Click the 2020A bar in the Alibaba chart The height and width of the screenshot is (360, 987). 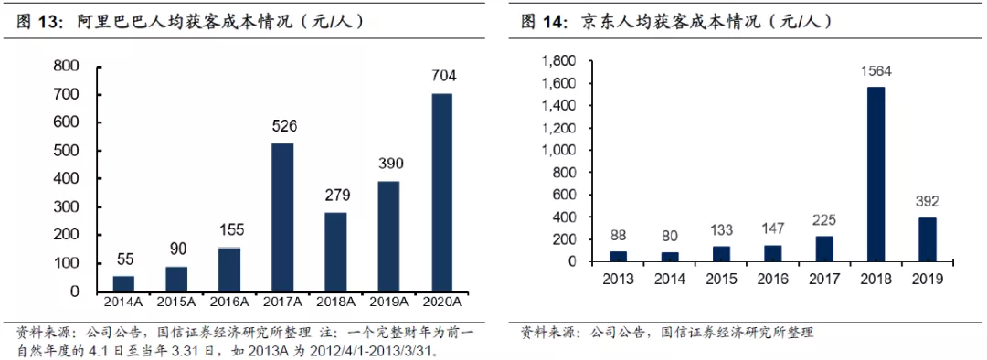pyautogui.click(x=441, y=193)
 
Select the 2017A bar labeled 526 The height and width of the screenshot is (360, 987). pyautogui.click(x=282, y=217)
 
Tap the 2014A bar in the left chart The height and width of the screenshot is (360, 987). pyautogui.click(x=124, y=284)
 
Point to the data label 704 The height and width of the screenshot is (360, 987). pyautogui.click(x=443, y=76)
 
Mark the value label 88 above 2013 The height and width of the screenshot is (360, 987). pyautogui.click(x=618, y=236)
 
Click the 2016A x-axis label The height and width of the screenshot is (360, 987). pyautogui.click(x=229, y=302)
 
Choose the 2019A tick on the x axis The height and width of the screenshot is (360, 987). pyautogui.click(x=388, y=302)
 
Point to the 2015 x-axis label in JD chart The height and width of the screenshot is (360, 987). pyautogui.click(x=720, y=279)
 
